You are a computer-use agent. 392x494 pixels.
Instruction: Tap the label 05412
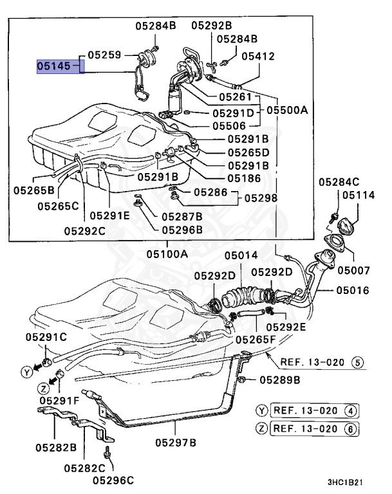click(258, 57)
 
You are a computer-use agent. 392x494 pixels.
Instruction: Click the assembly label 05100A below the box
click(167, 254)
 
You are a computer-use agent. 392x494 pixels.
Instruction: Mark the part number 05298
click(261, 198)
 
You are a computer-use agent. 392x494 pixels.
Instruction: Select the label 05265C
click(57, 206)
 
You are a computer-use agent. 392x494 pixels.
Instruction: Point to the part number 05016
click(352, 291)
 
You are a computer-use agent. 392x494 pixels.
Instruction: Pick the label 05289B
click(280, 380)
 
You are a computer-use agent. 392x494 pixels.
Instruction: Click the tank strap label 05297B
click(176, 443)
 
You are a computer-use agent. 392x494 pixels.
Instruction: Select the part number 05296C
click(113, 479)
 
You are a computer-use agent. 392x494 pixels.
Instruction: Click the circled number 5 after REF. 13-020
click(357, 361)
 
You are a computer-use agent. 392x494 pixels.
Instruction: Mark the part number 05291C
click(46, 336)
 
